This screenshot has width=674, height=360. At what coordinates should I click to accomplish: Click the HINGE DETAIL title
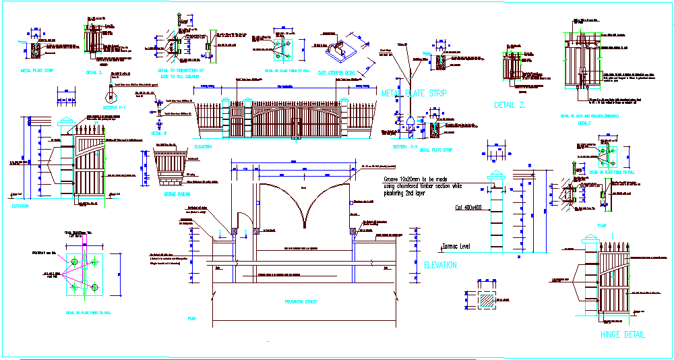pyautogui.click(x=622, y=334)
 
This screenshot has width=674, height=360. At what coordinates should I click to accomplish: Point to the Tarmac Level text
pyautogui.click(x=455, y=246)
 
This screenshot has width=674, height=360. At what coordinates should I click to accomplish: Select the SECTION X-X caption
pyautogui.click(x=404, y=146)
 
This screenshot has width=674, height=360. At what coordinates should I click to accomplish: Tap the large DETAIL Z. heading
pyautogui.click(x=510, y=105)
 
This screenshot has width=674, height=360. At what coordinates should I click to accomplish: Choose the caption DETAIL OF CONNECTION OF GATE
pyautogui.click(x=181, y=73)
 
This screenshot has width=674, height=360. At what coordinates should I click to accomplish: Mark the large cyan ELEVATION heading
pyautogui.click(x=440, y=265)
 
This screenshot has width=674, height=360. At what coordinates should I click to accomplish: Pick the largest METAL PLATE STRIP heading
pyautogui.click(x=414, y=93)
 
